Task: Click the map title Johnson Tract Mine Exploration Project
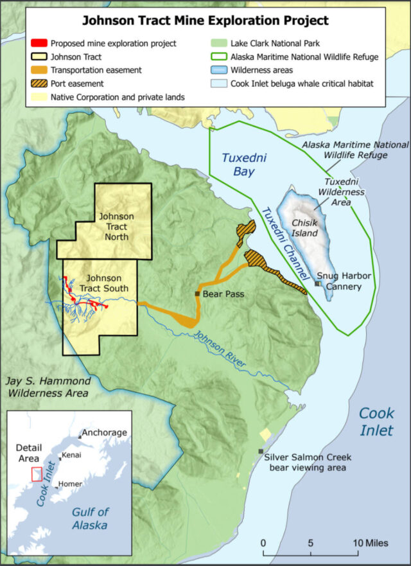(x=205, y=21)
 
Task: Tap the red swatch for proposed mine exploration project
(x=38, y=43)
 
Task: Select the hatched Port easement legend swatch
(x=38, y=84)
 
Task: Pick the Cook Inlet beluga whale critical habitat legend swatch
(x=220, y=84)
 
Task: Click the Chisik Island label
(x=305, y=227)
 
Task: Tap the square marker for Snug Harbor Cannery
(x=318, y=283)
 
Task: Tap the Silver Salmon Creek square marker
(x=260, y=451)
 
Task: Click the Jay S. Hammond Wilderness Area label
(x=48, y=386)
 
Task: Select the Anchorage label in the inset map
(x=105, y=432)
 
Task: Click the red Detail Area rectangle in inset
(x=37, y=473)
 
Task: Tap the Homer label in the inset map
(x=70, y=483)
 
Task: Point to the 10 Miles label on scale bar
(x=371, y=544)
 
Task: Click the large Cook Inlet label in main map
(x=376, y=421)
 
